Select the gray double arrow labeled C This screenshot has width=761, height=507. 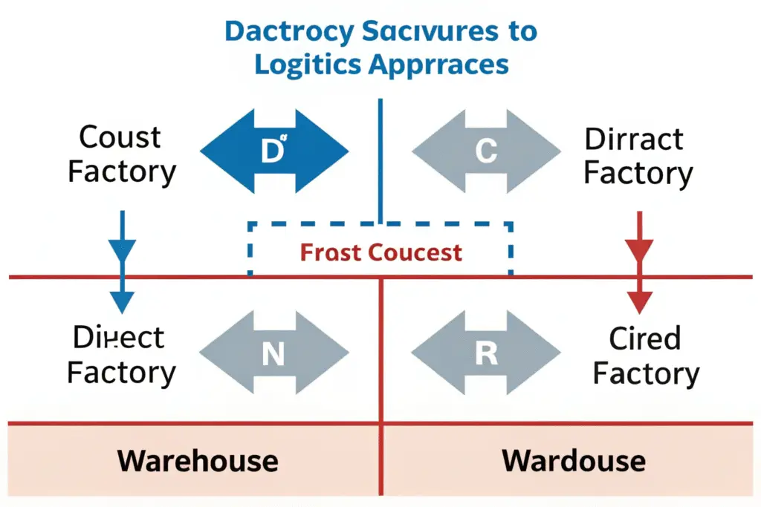(x=486, y=152)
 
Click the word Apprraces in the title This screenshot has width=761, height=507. (x=447, y=65)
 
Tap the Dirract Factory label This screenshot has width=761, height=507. (x=638, y=156)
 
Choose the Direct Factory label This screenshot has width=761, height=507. (x=121, y=355)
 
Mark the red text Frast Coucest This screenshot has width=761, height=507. (x=380, y=252)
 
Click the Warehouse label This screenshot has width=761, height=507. (x=198, y=461)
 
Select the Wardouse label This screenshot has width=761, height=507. (x=573, y=461)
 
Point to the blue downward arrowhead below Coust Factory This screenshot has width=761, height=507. (x=122, y=301)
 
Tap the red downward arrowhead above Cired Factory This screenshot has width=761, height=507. (x=638, y=301)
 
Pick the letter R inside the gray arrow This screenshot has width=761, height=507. (x=486, y=353)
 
